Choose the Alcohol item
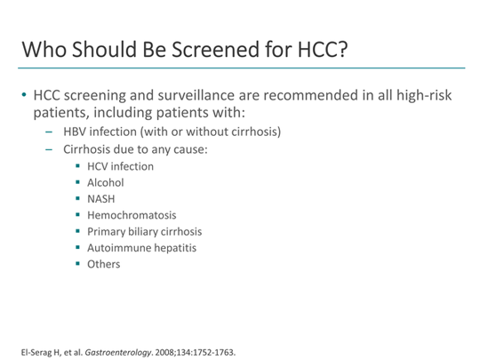(106, 182)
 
